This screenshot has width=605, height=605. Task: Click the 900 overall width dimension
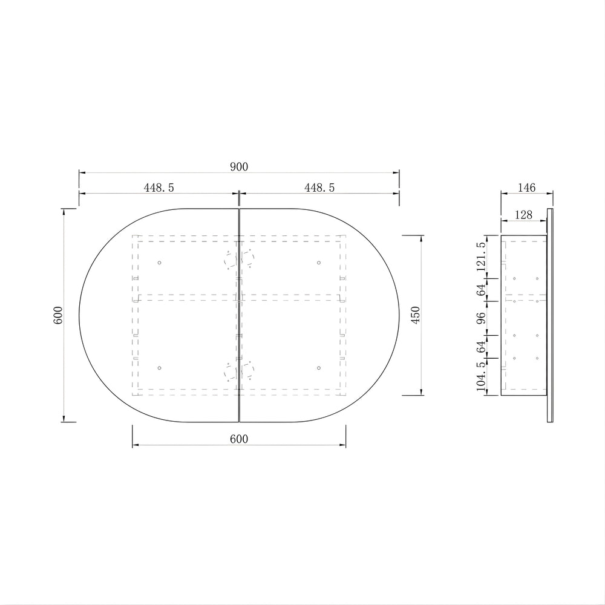[239, 167]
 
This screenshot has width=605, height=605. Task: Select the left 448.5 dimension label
[159, 188]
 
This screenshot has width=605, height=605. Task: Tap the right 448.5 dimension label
[319, 188]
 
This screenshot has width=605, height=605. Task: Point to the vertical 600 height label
[58, 315]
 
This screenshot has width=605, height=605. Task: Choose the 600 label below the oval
[239, 439]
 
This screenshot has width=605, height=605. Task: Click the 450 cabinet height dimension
[415, 315]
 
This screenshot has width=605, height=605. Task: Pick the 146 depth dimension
[527, 188]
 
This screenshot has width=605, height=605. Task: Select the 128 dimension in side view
[523, 215]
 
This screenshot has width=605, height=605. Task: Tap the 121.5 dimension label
[481, 257]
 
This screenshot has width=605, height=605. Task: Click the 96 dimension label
[481, 318]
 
